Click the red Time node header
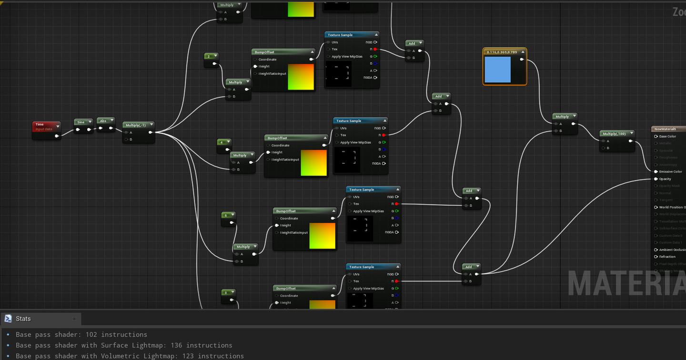[43, 125]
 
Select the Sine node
[81, 122]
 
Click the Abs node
[103, 121]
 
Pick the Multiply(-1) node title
[136, 125]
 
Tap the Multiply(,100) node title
[614, 134]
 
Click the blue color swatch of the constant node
[497, 70]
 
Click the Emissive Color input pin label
[670, 171]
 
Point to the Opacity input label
[665, 179]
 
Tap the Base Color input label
[667, 137]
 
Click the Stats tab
[23, 319]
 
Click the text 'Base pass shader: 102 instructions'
[81, 335]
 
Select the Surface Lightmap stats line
[124, 345]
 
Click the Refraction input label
[667, 257]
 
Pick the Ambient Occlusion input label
[672, 250]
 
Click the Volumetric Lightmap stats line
[130, 356]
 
